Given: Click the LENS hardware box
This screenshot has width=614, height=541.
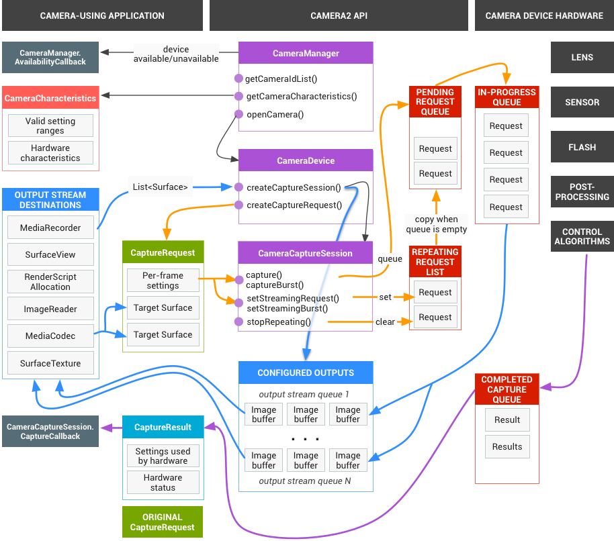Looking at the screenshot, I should pyautogui.click(x=582, y=58).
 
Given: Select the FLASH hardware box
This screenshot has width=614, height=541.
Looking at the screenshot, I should pyautogui.click(x=582, y=147).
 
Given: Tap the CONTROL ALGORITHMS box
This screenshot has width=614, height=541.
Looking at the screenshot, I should pyautogui.click(x=582, y=236).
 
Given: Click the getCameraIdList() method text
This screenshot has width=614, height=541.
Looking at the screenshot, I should pyautogui.click(x=281, y=79).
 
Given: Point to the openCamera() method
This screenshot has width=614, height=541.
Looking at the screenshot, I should pyautogui.click(x=275, y=114).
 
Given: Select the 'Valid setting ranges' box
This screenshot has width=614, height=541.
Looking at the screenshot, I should pyautogui.click(x=50, y=126).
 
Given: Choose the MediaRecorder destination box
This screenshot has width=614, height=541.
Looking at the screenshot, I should pyautogui.click(x=50, y=228).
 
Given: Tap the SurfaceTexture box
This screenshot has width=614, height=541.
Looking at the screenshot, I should pyautogui.click(x=50, y=363).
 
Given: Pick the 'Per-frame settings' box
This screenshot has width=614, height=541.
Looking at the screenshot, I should pyautogui.click(x=163, y=281).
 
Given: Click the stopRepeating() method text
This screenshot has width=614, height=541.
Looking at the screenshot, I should pyautogui.click(x=278, y=322).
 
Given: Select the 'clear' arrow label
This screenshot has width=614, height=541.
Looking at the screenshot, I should pyautogui.click(x=385, y=322).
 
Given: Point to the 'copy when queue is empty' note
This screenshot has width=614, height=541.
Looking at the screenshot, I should pyautogui.click(x=436, y=224).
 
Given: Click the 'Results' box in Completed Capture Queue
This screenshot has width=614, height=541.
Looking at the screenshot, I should pyautogui.click(x=507, y=446).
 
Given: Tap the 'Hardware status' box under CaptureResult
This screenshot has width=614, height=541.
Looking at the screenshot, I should pyautogui.click(x=163, y=483).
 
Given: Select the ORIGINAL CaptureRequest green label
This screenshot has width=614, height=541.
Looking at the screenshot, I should pyautogui.click(x=162, y=522).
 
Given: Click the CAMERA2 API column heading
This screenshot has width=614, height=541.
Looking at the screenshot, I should pyautogui.click(x=339, y=15).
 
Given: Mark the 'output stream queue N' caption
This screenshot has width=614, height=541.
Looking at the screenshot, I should pyautogui.click(x=305, y=481).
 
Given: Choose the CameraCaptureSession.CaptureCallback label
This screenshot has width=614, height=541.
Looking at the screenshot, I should pyautogui.click(x=50, y=432).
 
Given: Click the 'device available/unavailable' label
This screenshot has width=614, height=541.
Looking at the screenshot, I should pyautogui.click(x=176, y=54).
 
